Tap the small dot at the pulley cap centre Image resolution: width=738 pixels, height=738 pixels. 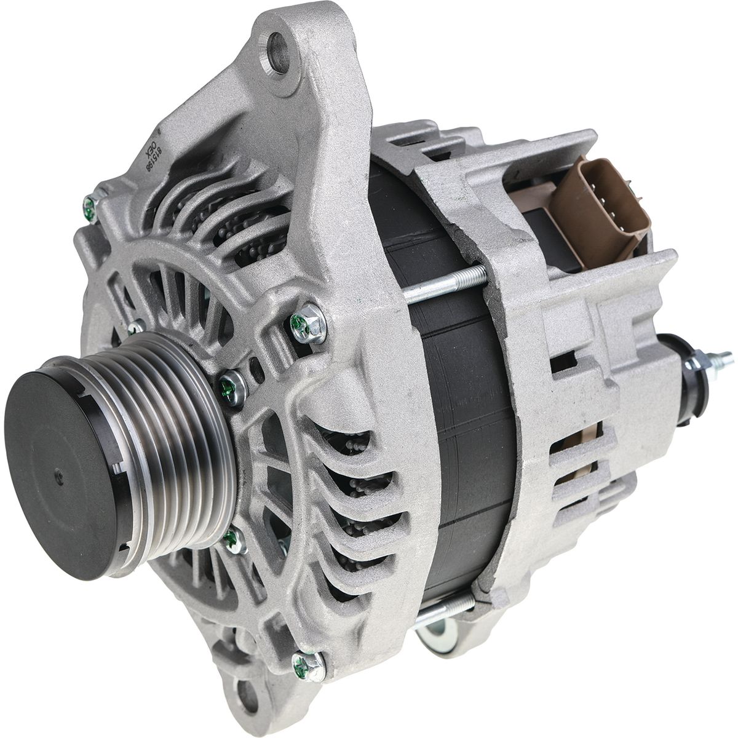[58, 474]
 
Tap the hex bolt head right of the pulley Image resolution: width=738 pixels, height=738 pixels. [307, 323]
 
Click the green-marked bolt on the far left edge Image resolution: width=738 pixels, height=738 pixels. [90, 207]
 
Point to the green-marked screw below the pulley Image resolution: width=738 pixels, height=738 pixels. [232, 541]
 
